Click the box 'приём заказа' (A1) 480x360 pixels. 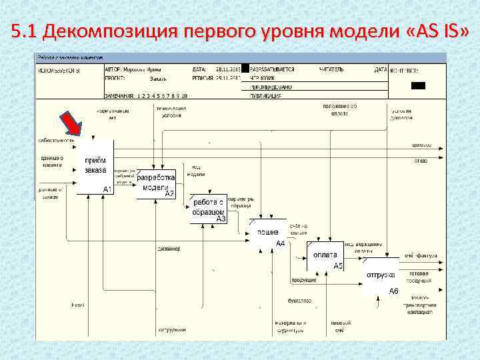pos(95,167)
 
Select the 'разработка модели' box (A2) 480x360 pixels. pos(156,184)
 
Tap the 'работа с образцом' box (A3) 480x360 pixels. pos(208,207)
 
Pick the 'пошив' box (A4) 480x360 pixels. pos(267,235)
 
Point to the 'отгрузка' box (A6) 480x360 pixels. pos(381,278)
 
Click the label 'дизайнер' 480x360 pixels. pos(169,249)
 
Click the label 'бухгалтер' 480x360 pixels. pos(299,301)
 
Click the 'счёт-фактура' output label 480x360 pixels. pos(420,255)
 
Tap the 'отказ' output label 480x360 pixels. pos(421,160)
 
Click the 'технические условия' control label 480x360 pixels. pos(171,111)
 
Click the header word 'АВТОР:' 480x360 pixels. pos(114,69)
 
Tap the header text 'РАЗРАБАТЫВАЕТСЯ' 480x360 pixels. pos(272,69)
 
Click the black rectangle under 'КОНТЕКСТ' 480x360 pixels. pos(418,85)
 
